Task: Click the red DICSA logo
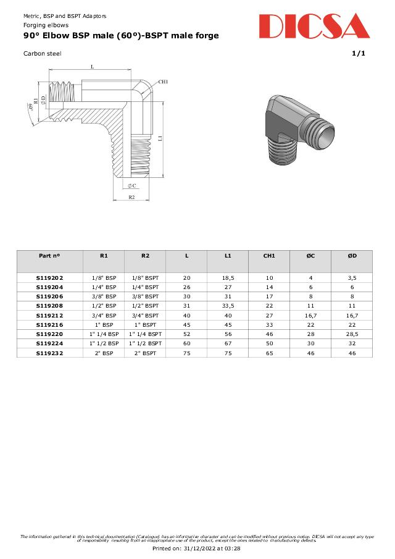315,26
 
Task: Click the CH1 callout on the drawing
163,82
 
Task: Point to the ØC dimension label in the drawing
132,186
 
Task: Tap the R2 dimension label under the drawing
132,197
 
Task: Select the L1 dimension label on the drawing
160,138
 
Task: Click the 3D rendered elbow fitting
299,130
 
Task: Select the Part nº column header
49,256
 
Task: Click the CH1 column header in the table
269,256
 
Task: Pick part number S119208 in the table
49,306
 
